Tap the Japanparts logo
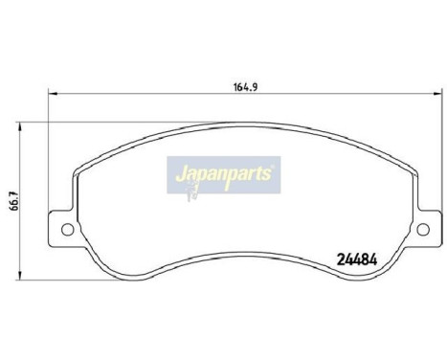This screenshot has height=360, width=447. coord(221,174)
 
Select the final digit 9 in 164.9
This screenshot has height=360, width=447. coord(235,84)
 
